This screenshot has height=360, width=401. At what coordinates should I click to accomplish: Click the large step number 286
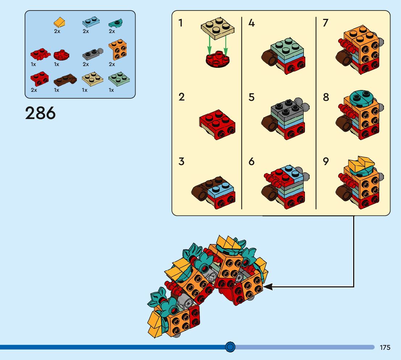coord(40,113)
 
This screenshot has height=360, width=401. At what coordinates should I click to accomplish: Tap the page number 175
coord(385,347)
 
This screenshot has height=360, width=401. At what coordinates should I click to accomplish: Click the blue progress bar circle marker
coord(230,347)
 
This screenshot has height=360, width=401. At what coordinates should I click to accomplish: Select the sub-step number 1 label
coord(181,23)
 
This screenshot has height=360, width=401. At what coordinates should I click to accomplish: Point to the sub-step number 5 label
coord(252,97)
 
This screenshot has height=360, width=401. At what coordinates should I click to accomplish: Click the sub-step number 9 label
coord(326,161)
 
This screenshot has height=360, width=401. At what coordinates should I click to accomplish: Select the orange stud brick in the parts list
coord(117,50)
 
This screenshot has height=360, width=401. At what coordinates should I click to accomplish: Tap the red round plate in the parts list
coord(61,56)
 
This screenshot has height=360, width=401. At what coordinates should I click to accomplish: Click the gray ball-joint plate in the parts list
coord(91,55)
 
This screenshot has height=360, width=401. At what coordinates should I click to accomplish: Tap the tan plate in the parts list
coord(92,79)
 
